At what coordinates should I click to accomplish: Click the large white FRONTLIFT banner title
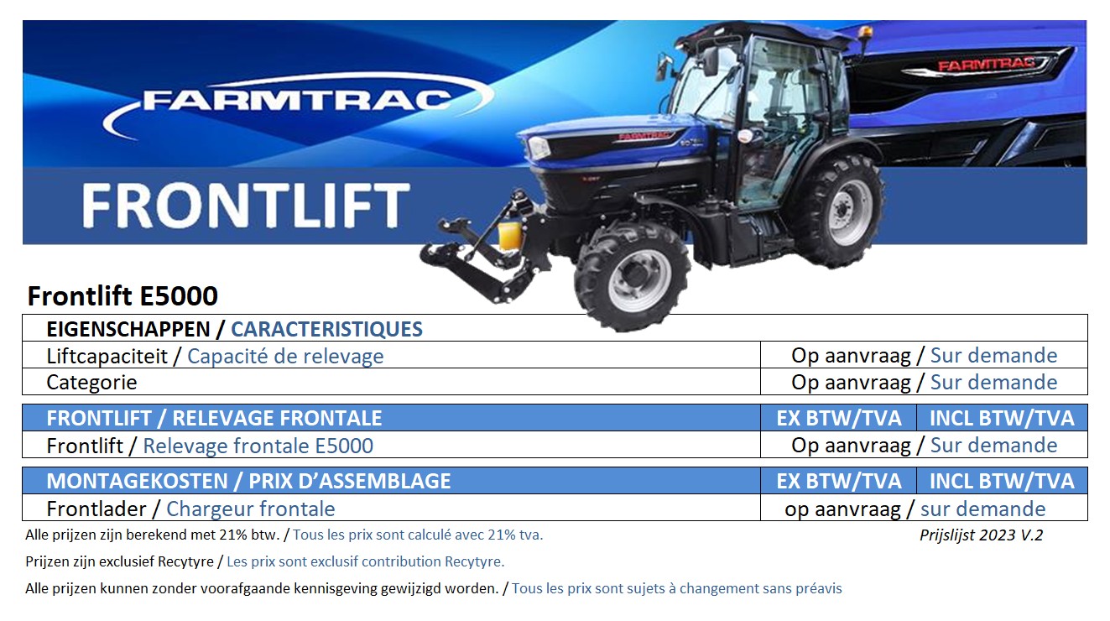point(247,206)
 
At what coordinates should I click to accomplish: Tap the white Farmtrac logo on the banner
point(297,101)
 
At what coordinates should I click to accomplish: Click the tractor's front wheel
point(633,275)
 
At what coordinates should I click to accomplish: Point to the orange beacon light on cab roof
point(866,32)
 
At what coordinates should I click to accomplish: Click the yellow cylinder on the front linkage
point(509,236)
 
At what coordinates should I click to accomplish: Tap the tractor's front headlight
point(539,147)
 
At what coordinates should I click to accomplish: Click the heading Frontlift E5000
point(122,296)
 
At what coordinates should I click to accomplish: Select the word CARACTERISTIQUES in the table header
point(326,329)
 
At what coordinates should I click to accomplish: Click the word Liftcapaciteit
point(107,356)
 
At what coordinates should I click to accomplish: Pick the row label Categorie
point(91,382)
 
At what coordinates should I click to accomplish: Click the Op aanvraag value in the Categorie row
point(851,382)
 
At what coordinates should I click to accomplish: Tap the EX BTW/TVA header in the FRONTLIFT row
point(839,418)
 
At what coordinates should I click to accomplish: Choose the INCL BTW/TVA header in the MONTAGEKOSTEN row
point(1002,481)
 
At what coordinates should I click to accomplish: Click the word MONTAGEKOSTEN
point(138,481)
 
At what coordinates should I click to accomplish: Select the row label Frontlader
point(96,509)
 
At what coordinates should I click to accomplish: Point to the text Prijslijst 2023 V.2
point(981,535)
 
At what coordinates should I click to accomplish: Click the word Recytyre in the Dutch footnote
point(185,561)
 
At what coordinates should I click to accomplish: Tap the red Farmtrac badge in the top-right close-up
point(988,65)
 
